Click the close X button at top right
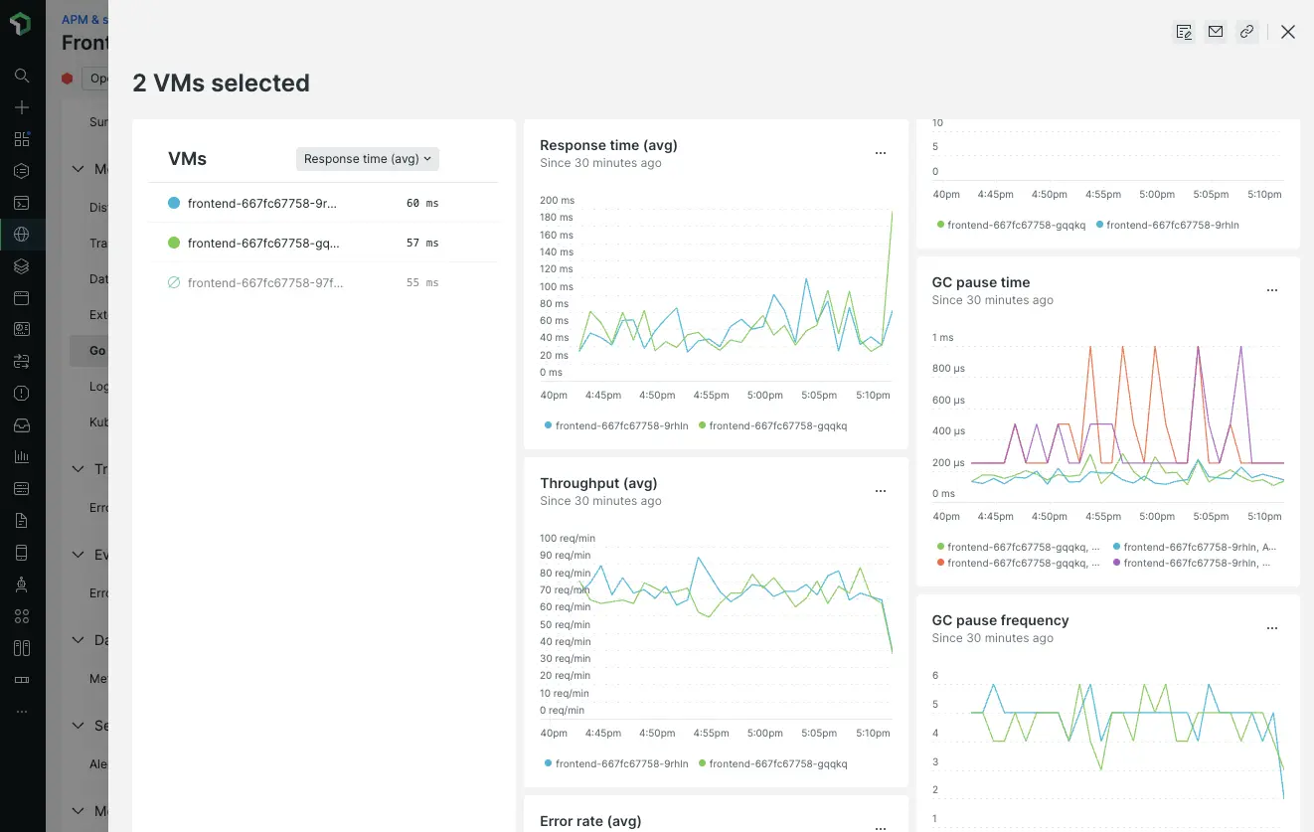1288,32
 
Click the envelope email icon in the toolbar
1215,32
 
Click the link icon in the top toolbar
1246,32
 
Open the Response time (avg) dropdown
368,159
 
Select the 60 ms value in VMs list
422,203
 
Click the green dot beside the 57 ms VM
174,243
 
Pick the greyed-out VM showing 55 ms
264,282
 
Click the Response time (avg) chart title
608,145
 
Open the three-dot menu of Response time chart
880,153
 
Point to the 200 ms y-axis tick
557,201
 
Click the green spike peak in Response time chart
892,210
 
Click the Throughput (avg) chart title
598,483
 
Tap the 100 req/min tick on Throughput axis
568,539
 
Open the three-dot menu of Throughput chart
880,491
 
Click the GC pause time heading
980,282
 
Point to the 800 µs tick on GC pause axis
948,369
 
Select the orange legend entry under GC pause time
1023,563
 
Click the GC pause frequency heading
1000,620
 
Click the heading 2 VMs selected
221,83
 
